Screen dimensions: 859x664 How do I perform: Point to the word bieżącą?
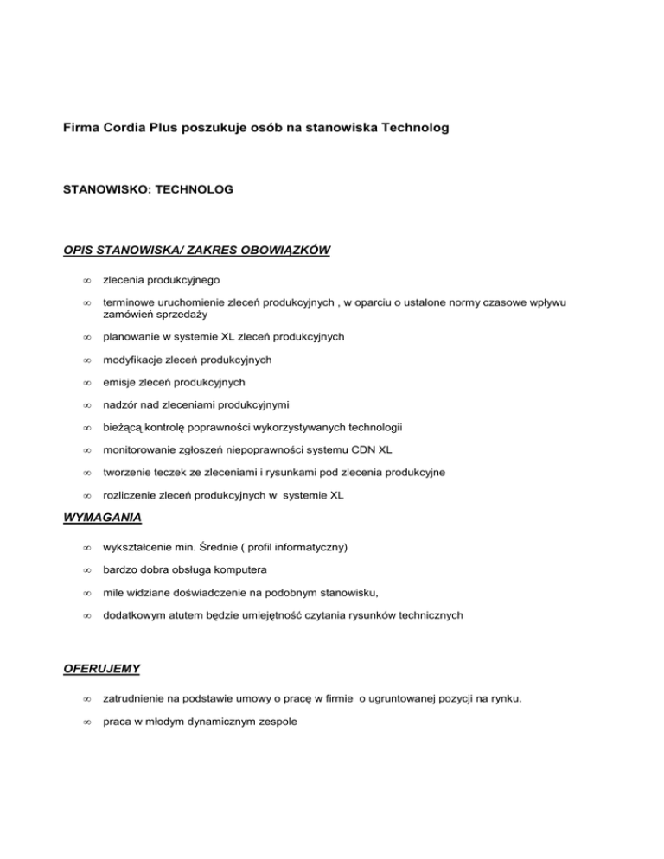click(x=124, y=427)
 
